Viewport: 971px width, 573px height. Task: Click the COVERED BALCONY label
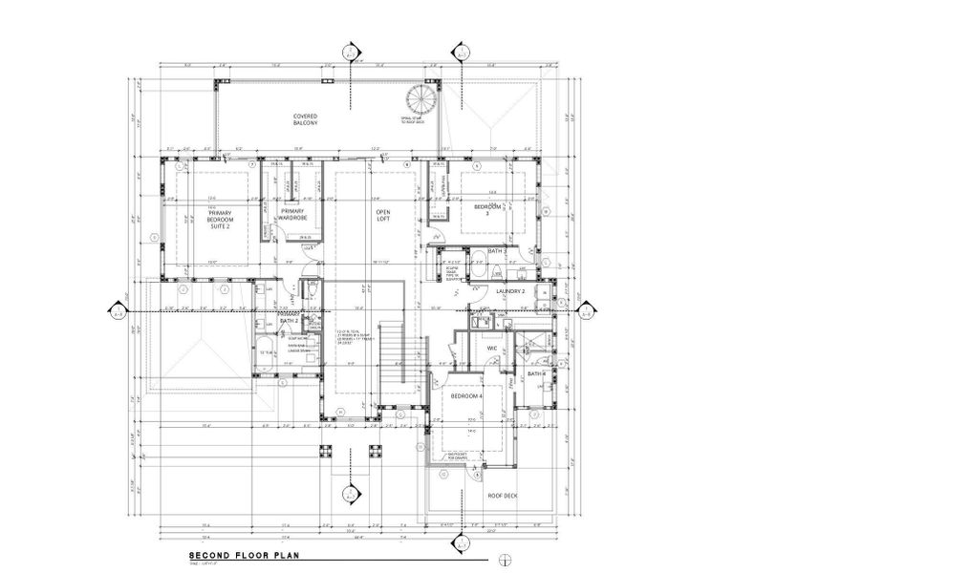[x=305, y=119]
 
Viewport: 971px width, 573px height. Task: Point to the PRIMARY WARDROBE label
[x=291, y=216]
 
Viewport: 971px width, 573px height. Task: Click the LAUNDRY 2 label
[x=509, y=291]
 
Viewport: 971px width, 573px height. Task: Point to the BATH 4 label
[x=536, y=373]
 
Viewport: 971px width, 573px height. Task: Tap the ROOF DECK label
[x=503, y=496]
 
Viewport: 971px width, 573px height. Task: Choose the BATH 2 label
[x=290, y=321]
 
